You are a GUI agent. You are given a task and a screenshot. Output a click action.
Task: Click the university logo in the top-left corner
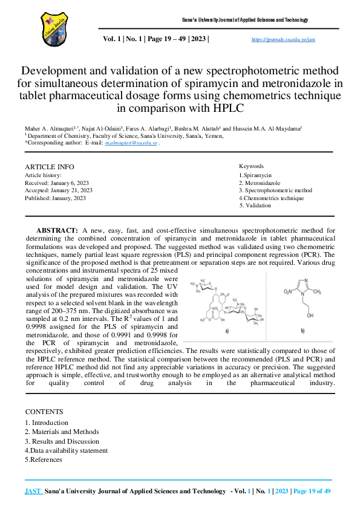point(51,25)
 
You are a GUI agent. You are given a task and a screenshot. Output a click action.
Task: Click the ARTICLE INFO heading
point(50,167)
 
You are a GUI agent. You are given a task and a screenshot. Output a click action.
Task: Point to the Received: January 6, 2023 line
point(57,183)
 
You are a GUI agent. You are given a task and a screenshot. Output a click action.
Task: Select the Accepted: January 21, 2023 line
point(59,190)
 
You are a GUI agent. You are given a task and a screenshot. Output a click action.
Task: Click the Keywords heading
point(251,166)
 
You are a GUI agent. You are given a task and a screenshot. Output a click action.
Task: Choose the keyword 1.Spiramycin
point(256,174)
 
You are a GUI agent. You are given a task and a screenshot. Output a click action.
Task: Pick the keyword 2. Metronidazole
point(260,182)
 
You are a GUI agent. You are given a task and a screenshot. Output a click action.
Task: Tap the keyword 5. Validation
point(255,206)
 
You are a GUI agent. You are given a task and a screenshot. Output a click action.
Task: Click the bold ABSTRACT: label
point(57,230)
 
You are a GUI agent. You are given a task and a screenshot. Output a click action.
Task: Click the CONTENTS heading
point(44,410)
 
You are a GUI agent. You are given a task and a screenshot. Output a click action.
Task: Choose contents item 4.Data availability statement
point(67,450)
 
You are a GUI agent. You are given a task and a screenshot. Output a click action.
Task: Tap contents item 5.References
point(44,459)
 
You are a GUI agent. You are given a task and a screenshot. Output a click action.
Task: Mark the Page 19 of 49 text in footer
point(312,492)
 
